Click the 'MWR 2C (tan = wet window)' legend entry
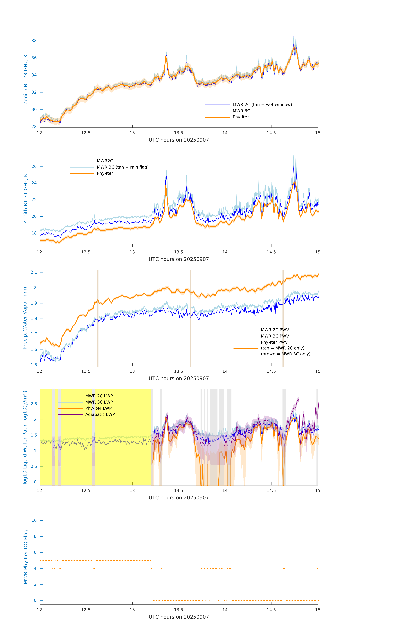point(262,105)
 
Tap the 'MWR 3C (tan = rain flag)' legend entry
point(123,167)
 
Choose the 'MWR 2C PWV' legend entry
point(275,330)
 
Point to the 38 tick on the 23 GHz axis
point(34,41)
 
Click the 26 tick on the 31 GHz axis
point(34,166)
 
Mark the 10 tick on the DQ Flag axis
point(34,520)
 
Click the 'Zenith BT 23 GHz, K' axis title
point(26,79)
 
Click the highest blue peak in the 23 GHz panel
point(294,36)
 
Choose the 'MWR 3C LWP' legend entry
point(99,402)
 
